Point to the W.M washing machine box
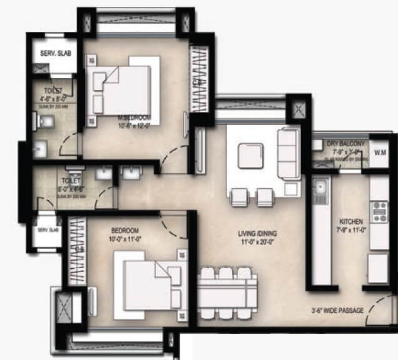tap(380, 152)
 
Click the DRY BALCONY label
tap(345, 144)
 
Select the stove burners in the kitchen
tap(379, 211)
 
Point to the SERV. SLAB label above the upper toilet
tap(55, 53)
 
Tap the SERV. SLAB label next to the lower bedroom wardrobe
tap(48, 231)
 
